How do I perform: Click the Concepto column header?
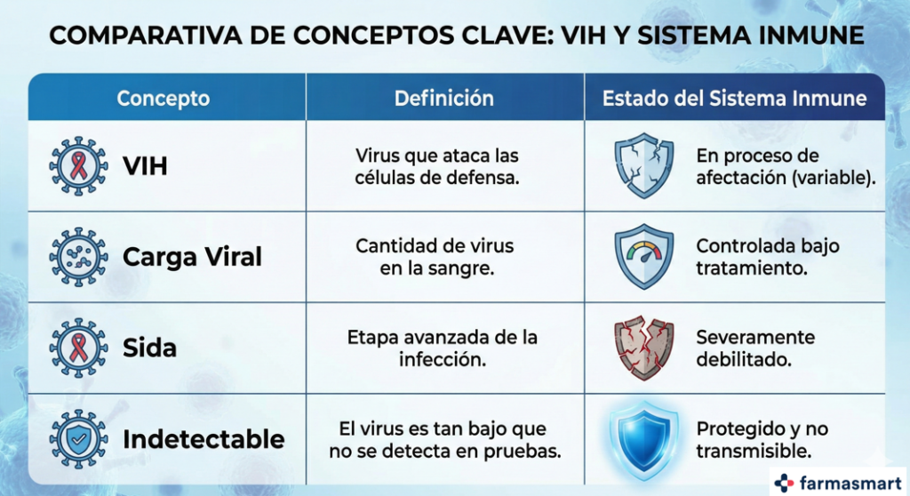coord(164,98)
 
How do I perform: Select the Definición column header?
coord(443,98)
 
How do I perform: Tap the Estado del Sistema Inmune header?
coord(734,98)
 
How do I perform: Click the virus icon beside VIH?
coord(78,165)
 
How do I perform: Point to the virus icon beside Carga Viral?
coord(78,256)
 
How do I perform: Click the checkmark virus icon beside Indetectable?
coord(78,438)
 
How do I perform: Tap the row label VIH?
coord(145,166)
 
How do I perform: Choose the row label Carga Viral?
coord(192,257)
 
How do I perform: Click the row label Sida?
coord(149,347)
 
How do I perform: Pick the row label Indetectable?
coord(204,439)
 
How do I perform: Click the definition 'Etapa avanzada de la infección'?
coord(442,348)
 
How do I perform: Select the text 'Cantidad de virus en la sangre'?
coord(435,256)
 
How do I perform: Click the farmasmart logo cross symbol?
coord(784,482)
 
